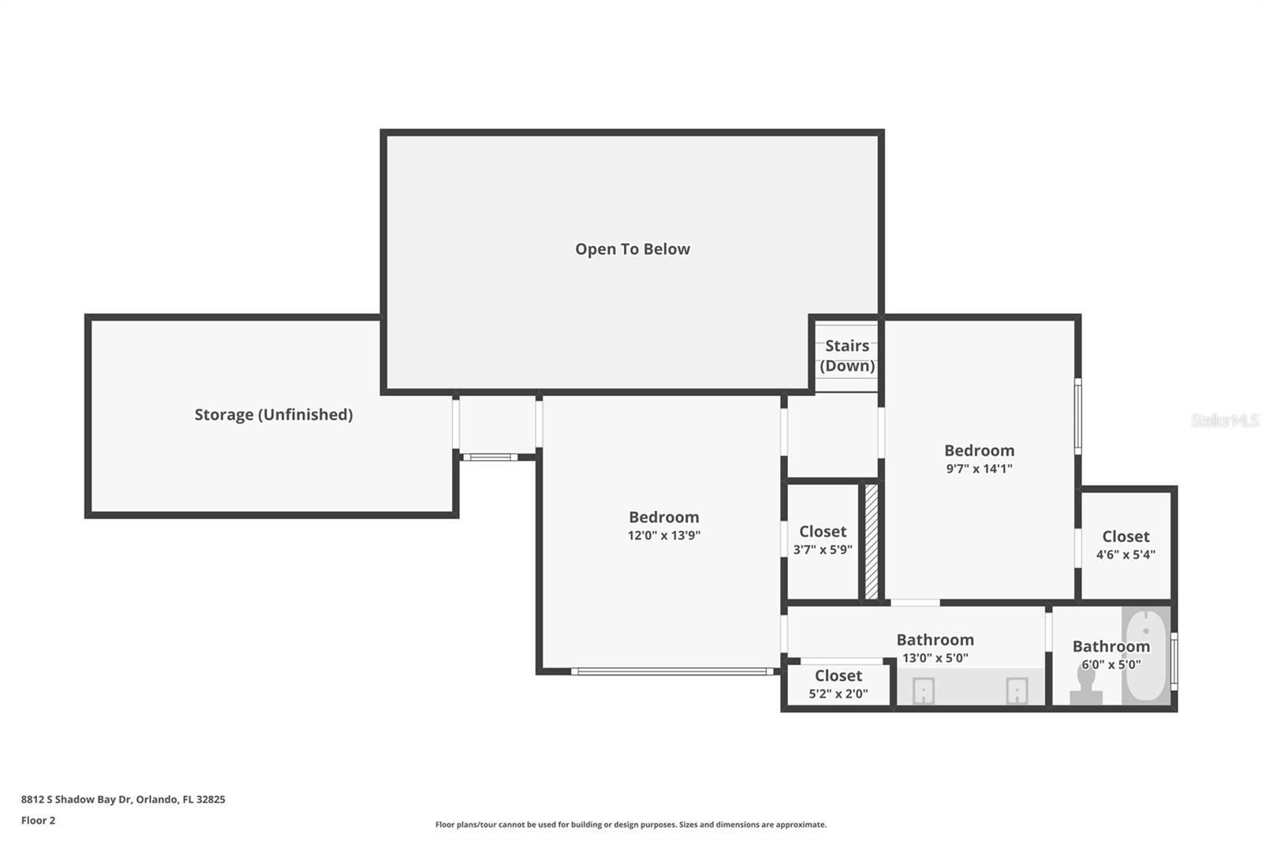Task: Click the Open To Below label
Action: click(x=632, y=249)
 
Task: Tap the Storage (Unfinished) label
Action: click(x=273, y=415)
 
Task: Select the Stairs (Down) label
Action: click(x=847, y=356)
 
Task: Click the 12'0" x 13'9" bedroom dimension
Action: click(x=663, y=536)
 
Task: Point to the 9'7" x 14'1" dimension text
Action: click(x=979, y=469)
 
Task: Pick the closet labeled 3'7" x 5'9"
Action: click(x=823, y=540)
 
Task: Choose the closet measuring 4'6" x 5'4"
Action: click(x=1126, y=545)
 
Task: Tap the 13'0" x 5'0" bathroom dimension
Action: click(x=935, y=658)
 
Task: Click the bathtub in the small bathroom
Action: click(x=1146, y=656)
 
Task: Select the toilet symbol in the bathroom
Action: click(x=1086, y=685)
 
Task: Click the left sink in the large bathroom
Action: click(x=923, y=691)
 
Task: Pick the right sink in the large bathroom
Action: click(x=1017, y=691)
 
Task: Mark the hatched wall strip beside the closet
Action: click(x=872, y=541)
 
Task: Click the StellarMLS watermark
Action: click(x=1224, y=420)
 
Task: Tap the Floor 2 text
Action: click(x=38, y=820)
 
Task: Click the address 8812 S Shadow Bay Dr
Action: click(x=123, y=799)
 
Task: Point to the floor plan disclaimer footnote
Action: click(x=631, y=824)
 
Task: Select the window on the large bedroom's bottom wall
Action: click(x=672, y=671)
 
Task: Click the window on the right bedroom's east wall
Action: click(x=1078, y=416)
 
